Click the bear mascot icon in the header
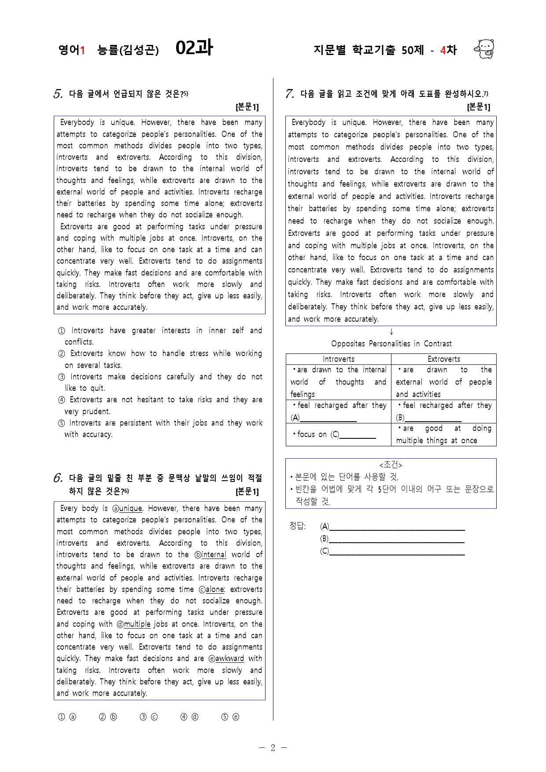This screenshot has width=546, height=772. [484, 49]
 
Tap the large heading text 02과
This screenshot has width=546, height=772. [194, 48]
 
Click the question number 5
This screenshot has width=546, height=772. [58, 94]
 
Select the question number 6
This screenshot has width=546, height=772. [58, 478]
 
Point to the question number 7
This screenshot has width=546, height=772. [289, 94]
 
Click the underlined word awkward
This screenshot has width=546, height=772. [229, 658]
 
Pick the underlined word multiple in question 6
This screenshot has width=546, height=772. [137, 624]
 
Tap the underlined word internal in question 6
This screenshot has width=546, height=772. [214, 555]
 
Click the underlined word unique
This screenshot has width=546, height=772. [130, 508]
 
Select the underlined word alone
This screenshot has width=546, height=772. [215, 589]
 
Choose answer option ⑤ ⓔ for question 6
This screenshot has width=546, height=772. [230, 717]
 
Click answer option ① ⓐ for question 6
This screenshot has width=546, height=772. [67, 717]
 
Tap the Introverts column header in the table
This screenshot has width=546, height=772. [338, 359]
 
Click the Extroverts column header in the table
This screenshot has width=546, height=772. [444, 359]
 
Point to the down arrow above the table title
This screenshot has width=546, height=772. [391, 332]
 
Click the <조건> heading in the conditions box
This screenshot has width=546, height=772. [391, 465]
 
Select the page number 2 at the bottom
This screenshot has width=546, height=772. [273, 748]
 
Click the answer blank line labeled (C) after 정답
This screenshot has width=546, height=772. [396, 551]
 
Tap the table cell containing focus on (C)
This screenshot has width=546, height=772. [338, 434]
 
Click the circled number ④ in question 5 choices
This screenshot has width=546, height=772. [61, 400]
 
